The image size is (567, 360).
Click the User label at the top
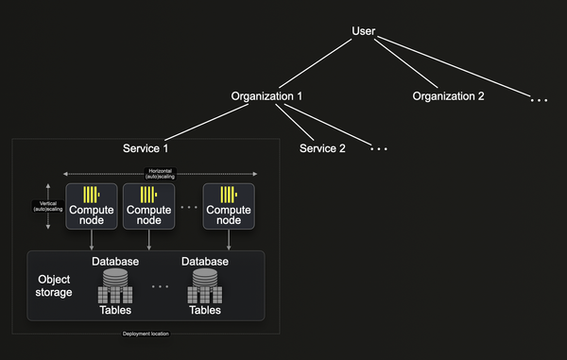pyautogui.click(x=364, y=31)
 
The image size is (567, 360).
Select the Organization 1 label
pyautogui.click(x=267, y=96)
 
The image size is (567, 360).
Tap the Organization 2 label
pyautogui.click(x=448, y=96)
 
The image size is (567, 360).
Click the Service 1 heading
pyautogui.click(x=146, y=148)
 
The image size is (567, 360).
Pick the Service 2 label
pyautogui.click(x=322, y=148)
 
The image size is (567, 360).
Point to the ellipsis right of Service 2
pyautogui.click(x=378, y=149)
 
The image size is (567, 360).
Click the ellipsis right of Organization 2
pyautogui.click(x=539, y=98)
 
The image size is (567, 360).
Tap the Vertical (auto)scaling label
pyautogui.click(x=47, y=205)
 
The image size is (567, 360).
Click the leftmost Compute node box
pyautogui.click(x=91, y=205)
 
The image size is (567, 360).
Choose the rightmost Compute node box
pyautogui.click(x=229, y=205)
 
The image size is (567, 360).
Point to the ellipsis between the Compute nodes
pyautogui.click(x=189, y=206)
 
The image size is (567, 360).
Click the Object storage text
pyautogui.click(x=53, y=286)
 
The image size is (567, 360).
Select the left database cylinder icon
pyautogui.click(x=115, y=281)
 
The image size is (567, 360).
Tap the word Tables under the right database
pyautogui.click(x=205, y=310)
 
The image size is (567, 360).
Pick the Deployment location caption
pyautogui.click(x=146, y=334)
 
